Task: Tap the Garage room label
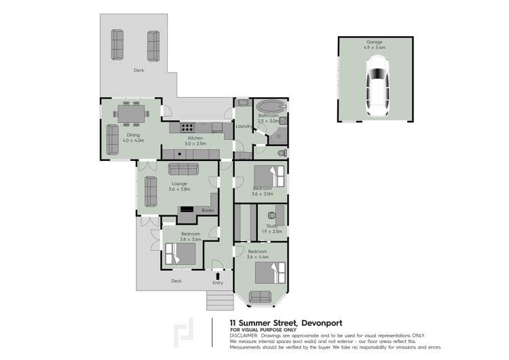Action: [x=375, y=42]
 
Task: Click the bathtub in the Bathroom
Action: [x=271, y=107]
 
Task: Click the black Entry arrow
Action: [x=217, y=274]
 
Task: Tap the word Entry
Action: [x=217, y=282]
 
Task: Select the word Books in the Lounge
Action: [x=208, y=211]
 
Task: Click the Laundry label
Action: [x=243, y=126]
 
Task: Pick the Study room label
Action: [x=271, y=226]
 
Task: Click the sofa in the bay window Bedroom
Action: [x=261, y=295]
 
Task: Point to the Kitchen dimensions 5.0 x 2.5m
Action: [x=195, y=143]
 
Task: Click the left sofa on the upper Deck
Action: [x=118, y=46]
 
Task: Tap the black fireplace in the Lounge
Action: [x=185, y=210]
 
